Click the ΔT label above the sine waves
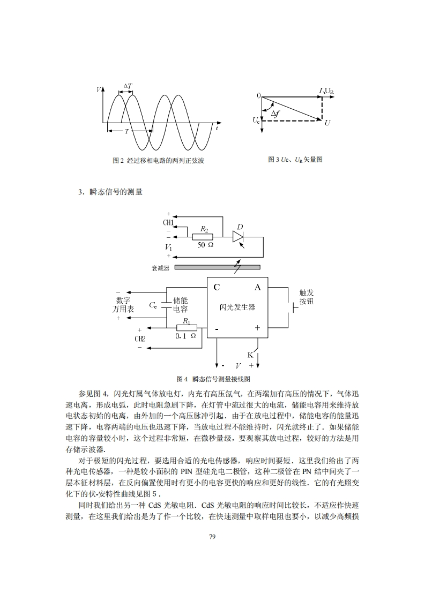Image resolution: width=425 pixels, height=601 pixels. (128, 86)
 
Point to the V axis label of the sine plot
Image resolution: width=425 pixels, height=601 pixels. (98, 90)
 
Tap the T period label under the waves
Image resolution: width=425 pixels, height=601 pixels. (126, 131)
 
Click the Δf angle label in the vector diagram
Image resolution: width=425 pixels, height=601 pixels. (274, 114)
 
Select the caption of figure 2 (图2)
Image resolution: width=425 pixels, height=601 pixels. (159, 160)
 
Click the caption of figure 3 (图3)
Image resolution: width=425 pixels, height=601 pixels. (295, 160)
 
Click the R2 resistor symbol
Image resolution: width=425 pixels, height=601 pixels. (203, 237)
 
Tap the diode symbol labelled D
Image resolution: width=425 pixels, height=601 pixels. (238, 237)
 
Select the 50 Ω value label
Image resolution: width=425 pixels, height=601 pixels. (205, 245)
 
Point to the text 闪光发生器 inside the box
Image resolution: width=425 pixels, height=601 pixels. (237, 307)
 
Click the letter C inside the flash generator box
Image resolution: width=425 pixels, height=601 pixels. (217, 287)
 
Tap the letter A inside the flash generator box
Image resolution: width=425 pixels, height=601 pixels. (257, 287)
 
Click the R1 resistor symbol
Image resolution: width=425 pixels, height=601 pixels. (187, 328)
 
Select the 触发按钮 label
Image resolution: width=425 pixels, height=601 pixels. (307, 297)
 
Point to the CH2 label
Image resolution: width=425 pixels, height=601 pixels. (140, 339)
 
